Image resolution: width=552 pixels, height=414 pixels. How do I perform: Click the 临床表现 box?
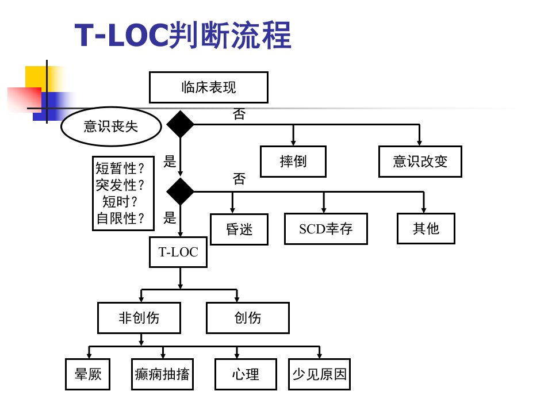(208, 87)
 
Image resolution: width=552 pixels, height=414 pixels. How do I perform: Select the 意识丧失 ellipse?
(111, 126)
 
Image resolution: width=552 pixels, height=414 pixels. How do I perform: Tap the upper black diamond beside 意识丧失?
(180, 124)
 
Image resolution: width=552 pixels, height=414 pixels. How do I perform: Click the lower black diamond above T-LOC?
(180, 191)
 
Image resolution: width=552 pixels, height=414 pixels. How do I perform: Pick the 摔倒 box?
(293, 162)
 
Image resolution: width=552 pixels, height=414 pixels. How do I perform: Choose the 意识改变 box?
(420, 162)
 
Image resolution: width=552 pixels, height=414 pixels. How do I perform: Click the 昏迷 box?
(239, 229)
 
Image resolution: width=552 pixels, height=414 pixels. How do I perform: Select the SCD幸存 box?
(326, 229)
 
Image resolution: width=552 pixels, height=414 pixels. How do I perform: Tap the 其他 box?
(426, 228)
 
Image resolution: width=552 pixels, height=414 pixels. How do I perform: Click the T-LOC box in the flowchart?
(178, 252)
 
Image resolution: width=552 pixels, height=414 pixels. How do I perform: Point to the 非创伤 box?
(139, 317)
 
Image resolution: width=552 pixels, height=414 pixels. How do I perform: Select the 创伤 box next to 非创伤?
(248, 317)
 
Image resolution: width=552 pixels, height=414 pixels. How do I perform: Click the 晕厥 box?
(87, 374)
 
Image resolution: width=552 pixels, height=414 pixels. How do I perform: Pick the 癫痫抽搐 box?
(162, 374)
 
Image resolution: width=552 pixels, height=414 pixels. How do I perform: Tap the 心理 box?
(246, 374)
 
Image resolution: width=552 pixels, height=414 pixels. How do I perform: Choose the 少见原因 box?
(319, 374)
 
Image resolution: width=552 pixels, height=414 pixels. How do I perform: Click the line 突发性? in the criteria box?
(120, 185)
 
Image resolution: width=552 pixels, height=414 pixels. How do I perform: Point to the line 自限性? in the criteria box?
(120, 218)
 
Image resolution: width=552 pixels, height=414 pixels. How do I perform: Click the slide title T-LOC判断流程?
(183, 34)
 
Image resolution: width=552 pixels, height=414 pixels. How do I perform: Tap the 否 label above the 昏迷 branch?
(239, 179)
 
